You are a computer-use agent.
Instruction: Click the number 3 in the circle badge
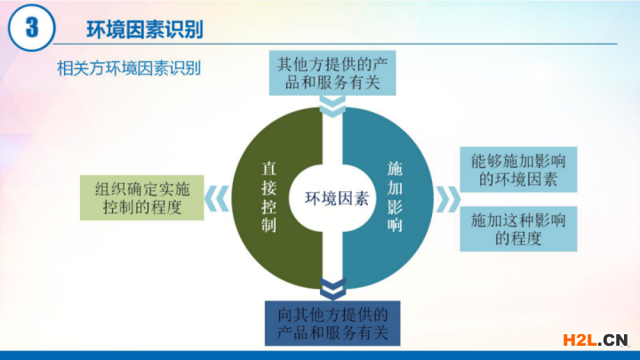point(32,28)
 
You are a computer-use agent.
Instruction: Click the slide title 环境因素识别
point(145,29)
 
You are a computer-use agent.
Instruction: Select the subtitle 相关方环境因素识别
point(129,68)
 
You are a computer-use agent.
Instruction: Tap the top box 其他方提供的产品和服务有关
point(332,73)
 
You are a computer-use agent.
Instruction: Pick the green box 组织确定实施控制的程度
point(142,198)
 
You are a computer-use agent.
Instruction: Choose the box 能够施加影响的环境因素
point(518,170)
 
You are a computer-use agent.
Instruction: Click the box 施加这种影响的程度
point(518,229)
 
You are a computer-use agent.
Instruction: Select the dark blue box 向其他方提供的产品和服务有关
point(332,324)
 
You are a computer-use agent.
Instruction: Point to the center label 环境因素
point(337,198)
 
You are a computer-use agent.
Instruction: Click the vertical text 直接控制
point(269,196)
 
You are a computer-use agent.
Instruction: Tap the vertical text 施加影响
point(395,196)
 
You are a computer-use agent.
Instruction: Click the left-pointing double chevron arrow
point(216,198)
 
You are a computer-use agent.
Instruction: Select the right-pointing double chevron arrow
point(448,199)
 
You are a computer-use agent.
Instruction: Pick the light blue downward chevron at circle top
point(332,107)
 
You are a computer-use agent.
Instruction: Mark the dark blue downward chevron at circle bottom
point(332,290)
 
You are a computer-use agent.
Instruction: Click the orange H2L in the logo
point(580,340)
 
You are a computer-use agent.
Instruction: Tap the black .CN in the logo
point(613,340)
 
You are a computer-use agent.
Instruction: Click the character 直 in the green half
point(269,169)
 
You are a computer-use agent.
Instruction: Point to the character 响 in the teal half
point(395,225)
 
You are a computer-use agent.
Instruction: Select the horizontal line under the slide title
point(335,44)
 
